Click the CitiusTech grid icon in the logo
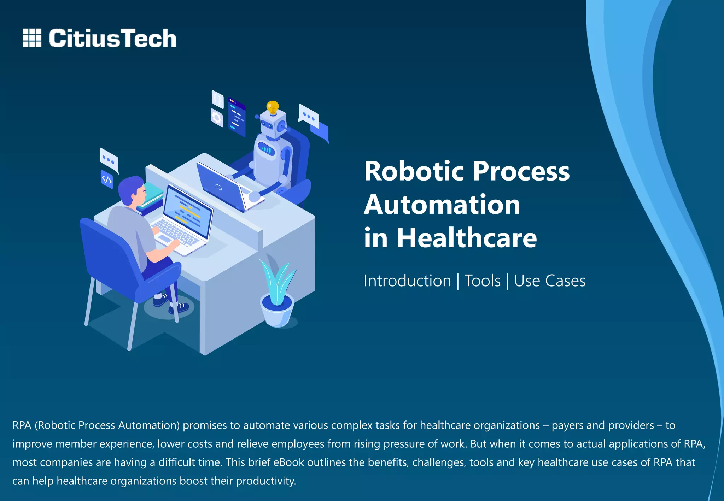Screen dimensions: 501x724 (32, 38)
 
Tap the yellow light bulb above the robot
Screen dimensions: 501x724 (273, 107)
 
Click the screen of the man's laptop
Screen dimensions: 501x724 (187, 208)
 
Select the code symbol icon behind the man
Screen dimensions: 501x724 (107, 179)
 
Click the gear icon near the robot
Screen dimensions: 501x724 (217, 118)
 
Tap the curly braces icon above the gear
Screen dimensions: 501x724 (218, 99)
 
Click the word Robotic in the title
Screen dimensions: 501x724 (414, 171)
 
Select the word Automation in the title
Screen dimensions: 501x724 (442, 205)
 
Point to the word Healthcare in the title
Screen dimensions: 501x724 (467, 238)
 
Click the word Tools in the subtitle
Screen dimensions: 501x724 (482, 281)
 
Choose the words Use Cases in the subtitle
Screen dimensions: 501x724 (550, 281)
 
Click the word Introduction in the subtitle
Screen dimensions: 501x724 (407, 281)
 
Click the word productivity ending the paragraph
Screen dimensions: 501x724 (265, 481)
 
